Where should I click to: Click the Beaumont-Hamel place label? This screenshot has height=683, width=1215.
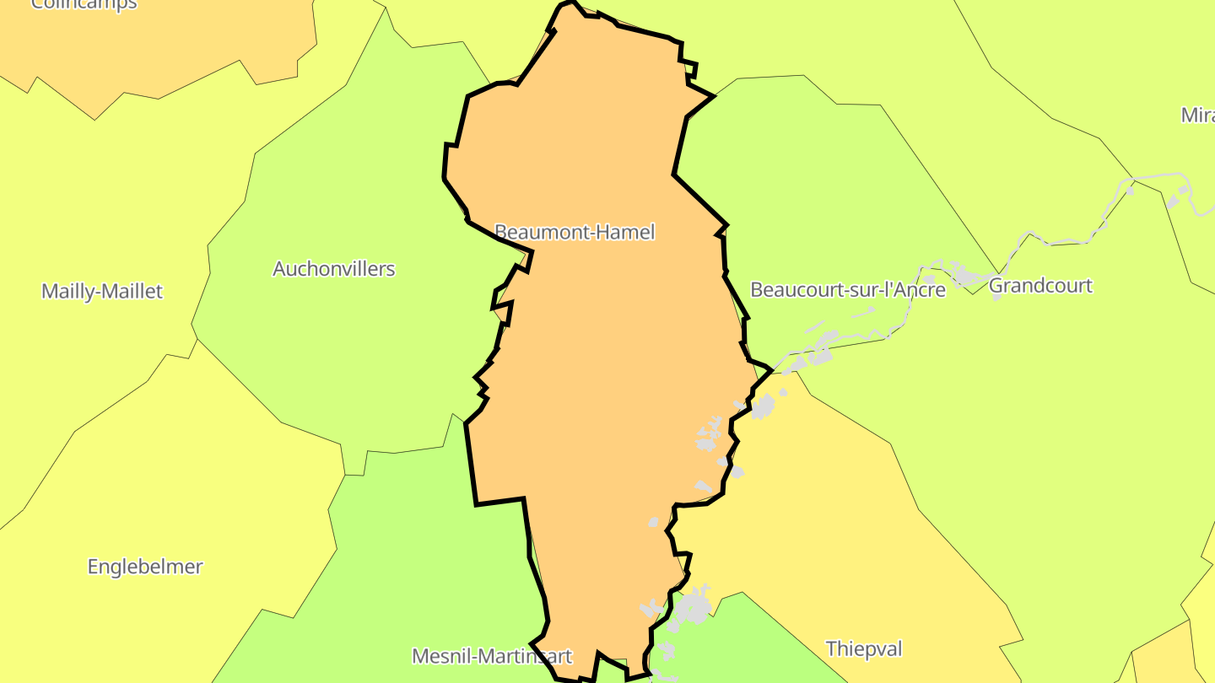[x=574, y=232]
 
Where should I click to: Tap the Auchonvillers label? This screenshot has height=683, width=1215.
[x=333, y=269]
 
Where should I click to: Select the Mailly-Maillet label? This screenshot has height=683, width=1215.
[x=102, y=292]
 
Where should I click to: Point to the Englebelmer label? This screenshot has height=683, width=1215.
[x=145, y=567]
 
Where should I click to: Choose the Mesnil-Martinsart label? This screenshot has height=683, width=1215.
[x=491, y=656]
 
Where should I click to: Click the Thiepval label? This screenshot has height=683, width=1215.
[x=863, y=648]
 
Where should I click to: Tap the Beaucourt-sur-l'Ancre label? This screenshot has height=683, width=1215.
[x=847, y=290]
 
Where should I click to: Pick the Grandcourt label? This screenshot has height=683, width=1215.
[x=1039, y=286]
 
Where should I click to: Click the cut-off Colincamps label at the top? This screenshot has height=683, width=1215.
[x=84, y=4]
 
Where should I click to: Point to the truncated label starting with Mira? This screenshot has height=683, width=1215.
[x=1197, y=116]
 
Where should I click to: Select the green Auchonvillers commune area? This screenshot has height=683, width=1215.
[x=354, y=354]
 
